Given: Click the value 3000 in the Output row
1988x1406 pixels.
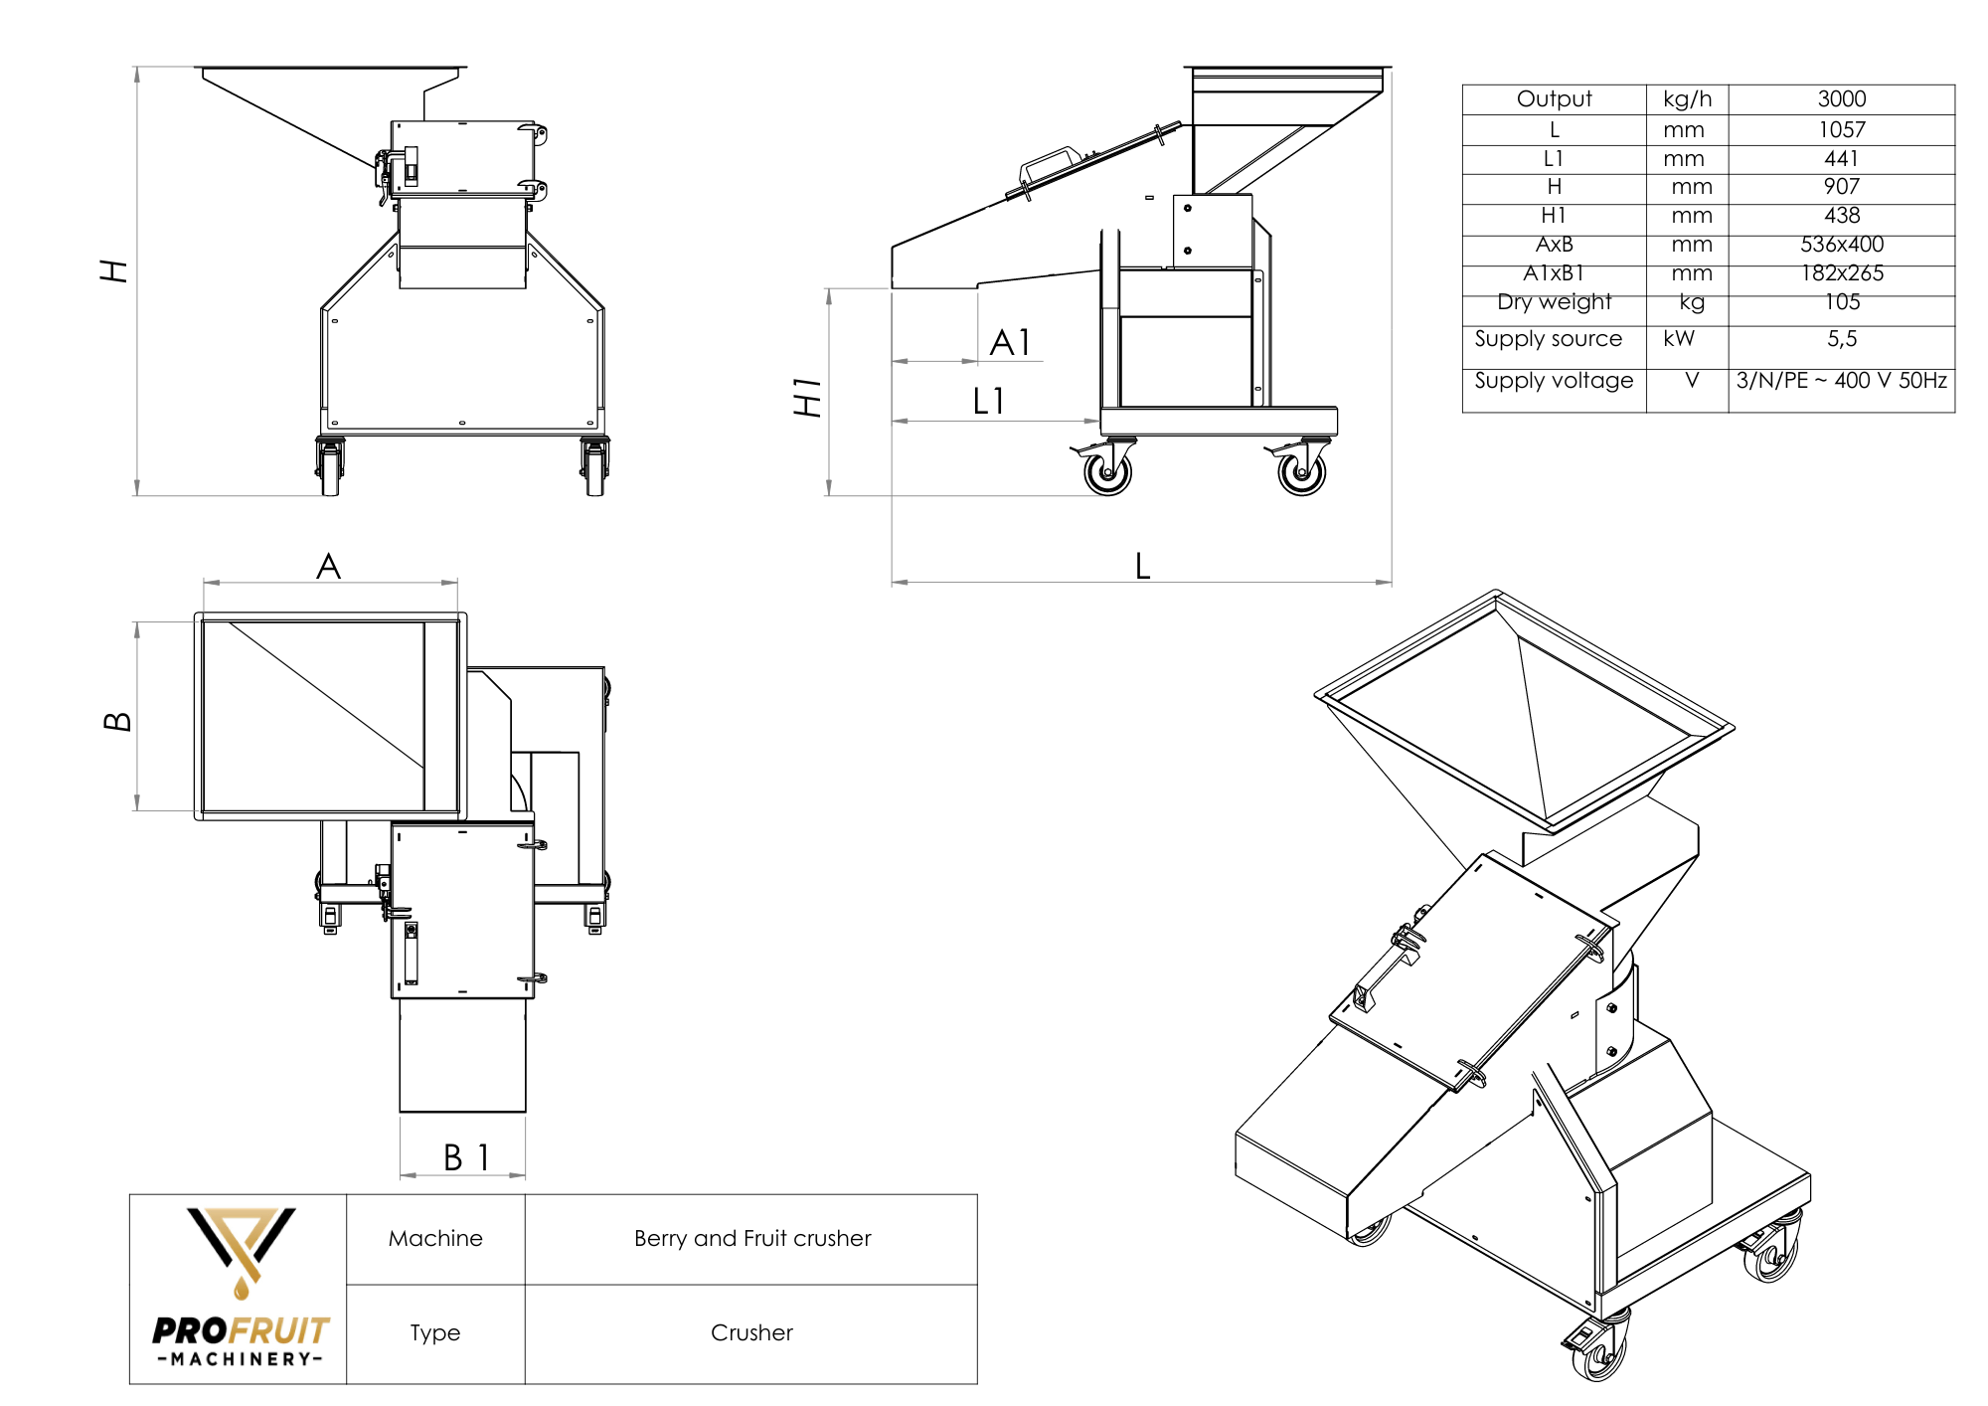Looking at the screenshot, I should click(1841, 99).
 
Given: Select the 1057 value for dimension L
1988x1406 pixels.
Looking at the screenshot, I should click(1841, 130).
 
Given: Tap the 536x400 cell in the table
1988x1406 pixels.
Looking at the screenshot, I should click(1841, 245).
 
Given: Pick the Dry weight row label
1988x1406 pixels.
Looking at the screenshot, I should click(1554, 302).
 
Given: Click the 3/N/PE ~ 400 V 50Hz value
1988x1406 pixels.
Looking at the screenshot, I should click(1841, 381).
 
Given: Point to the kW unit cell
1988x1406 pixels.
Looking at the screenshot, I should click(1679, 339).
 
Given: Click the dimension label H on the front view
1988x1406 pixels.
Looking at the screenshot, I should click(114, 270).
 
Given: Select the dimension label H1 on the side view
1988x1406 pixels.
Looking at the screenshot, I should click(807, 397).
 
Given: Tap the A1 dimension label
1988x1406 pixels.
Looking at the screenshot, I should click(1011, 343).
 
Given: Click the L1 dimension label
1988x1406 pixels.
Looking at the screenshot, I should click(989, 402).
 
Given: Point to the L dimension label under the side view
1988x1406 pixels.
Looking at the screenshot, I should click(1142, 567).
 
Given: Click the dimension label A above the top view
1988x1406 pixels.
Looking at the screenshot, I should click(328, 567).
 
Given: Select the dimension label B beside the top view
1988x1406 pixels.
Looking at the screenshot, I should click(117, 721).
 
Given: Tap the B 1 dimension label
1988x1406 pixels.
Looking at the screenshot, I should click(466, 1158).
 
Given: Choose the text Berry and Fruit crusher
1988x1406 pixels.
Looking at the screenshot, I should click(752, 1239).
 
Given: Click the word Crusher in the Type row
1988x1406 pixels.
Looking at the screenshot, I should click(751, 1333).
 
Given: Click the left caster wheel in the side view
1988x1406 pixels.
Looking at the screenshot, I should click(1107, 472).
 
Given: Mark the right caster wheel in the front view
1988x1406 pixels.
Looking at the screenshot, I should click(594, 469).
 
